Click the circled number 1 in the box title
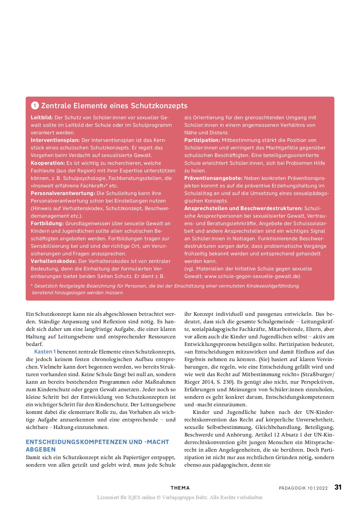coord(35,106)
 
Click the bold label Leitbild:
coord(42,118)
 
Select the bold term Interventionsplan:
coord(55,140)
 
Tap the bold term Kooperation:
coord(48,163)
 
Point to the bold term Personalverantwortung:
coord(63,193)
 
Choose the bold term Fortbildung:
coord(47,223)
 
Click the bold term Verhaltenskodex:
coord(54,261)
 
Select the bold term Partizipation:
coord(202,140)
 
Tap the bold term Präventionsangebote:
coord(213,178)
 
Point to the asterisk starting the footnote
coord(32,286)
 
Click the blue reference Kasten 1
coord(45,352)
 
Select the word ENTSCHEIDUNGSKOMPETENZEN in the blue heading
coord(76,442)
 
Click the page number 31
coord(338,487)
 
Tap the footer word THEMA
coord(180,488)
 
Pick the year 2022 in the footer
coord(322,488)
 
